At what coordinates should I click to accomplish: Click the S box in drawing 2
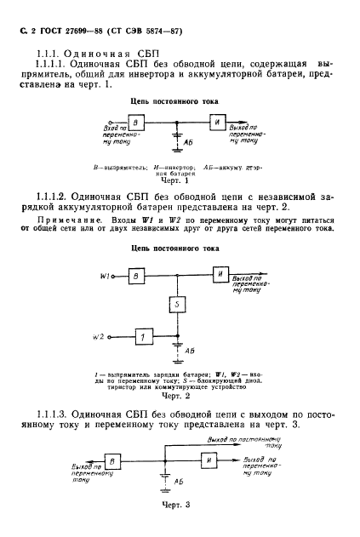point(174,304)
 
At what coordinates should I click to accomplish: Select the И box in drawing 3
point(209,460)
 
